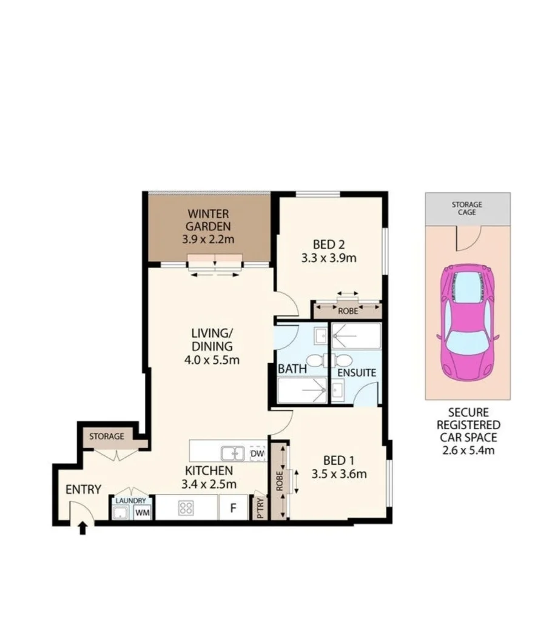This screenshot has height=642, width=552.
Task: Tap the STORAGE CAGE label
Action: (x=467, y=209)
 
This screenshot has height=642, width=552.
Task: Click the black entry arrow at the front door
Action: (x=83, y=528)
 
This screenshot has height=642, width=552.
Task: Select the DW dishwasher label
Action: (x=257, y=453)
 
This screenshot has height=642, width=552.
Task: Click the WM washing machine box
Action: (x=143, y=513)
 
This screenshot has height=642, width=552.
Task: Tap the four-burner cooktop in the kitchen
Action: (x=186, y=508)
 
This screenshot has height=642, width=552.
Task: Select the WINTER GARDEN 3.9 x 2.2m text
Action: (x=208, y=227)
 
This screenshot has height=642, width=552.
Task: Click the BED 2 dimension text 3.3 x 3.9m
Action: (x=329, y=258)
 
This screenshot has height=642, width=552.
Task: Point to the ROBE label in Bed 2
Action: (x=348, y=312)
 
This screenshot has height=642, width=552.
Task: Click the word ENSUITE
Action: (x=357, y=373)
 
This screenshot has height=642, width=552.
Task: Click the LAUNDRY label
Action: (x=130, y=501)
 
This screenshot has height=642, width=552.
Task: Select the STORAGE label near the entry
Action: (x=107, y=436)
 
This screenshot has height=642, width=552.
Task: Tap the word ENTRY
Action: (x=83, y=489)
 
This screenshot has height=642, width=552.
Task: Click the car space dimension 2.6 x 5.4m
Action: (x=467, y=450)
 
